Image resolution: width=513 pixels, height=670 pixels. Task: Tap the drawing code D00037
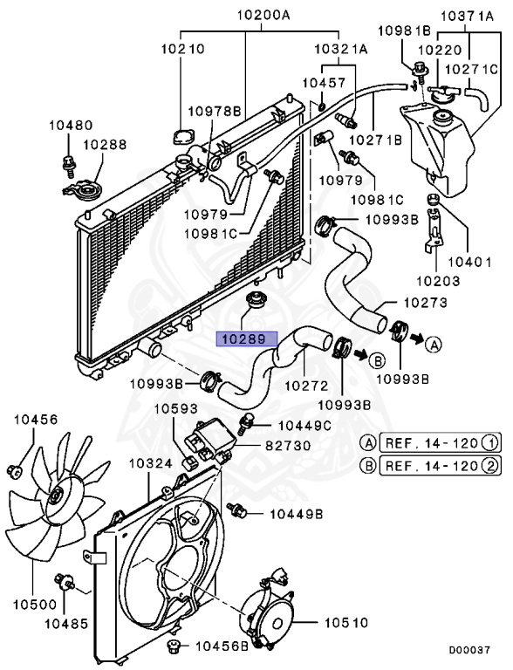(x=471, y=650)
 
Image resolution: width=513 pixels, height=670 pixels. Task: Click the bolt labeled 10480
(x=68, y=161)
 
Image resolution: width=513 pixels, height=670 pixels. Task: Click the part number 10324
(x=150, y=462)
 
